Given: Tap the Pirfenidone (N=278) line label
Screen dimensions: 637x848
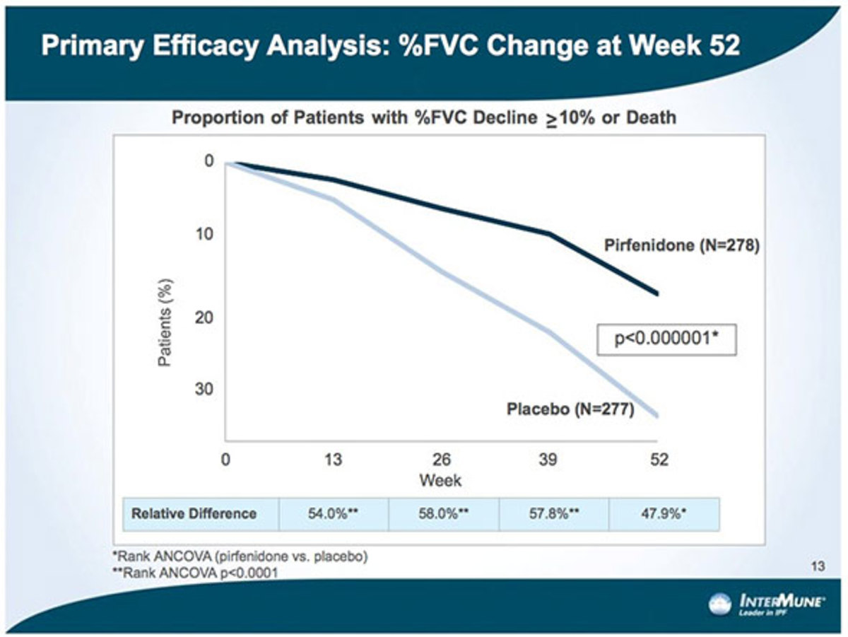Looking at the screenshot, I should [681, 246].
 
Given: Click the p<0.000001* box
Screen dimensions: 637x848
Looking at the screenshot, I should [667, 340].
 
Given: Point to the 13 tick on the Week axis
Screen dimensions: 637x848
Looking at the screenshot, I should [333, 460].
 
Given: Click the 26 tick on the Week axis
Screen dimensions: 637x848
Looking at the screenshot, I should [441, 460].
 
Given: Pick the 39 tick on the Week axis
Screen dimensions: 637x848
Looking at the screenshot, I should [548, 460].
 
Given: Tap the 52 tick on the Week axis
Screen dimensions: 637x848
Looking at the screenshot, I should [659, 460].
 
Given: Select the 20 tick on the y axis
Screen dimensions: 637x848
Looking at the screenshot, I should [204, 318].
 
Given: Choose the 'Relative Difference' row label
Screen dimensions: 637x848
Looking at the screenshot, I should [194, 513].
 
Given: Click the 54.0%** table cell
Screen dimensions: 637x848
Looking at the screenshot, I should [334, 514].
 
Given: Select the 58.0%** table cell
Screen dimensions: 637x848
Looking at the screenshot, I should [443, 514].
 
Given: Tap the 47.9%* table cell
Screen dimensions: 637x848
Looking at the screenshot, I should [664, 514].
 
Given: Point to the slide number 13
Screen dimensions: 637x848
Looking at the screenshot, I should [818, 566].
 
